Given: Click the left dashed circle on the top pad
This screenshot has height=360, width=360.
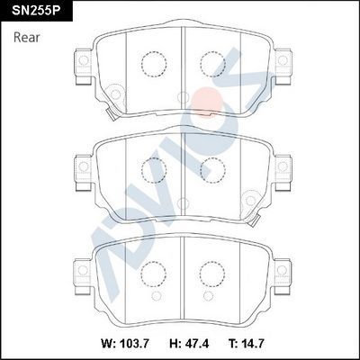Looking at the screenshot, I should [154, 63].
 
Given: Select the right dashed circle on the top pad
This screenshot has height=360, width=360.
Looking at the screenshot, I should [212, 63].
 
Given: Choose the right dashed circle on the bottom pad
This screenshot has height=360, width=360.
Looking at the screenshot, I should [212, 270].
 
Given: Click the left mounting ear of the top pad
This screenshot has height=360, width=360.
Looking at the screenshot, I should [82, 64].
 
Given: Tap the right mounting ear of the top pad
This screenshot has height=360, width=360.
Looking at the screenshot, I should [283, 64].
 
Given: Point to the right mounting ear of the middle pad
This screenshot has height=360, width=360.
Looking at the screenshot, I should [283, 167].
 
